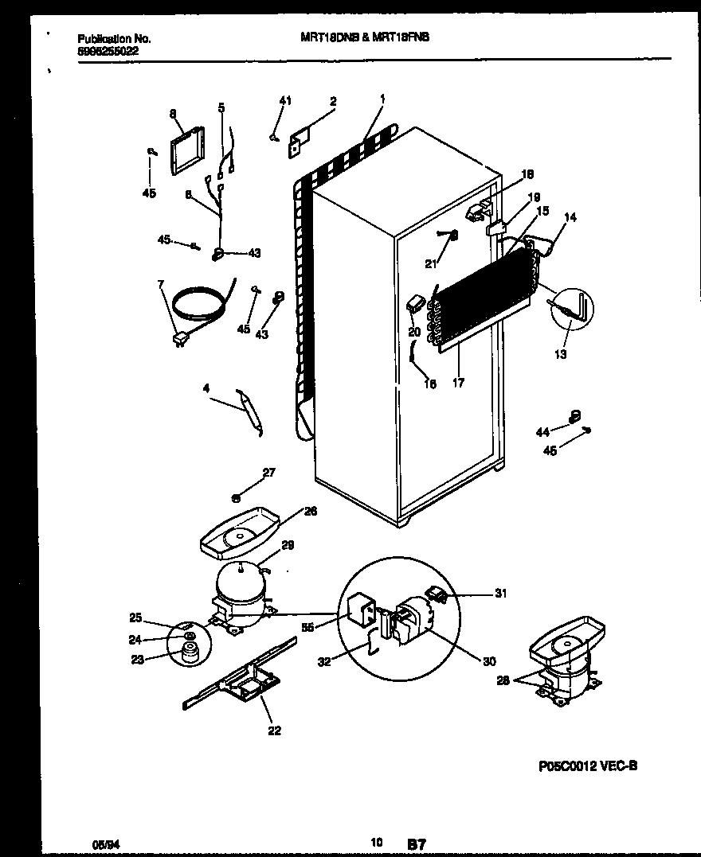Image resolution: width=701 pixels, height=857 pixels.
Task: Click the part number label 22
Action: pos(275,731)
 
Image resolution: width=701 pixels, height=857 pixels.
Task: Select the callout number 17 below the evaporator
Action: pos(458,384)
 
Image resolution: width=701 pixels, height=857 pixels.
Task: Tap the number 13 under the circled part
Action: pos(561,355)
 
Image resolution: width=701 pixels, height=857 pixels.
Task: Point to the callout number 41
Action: pos(286,100)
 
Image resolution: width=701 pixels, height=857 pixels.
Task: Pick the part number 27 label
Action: pos(268,472)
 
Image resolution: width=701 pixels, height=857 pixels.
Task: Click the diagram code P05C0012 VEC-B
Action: pos(587,766)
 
